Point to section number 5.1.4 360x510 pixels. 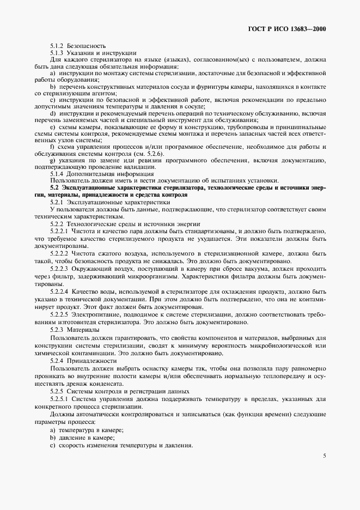(57, 173)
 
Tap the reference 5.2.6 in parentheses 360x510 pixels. (154, 153)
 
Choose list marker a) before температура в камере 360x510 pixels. (52, 430)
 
